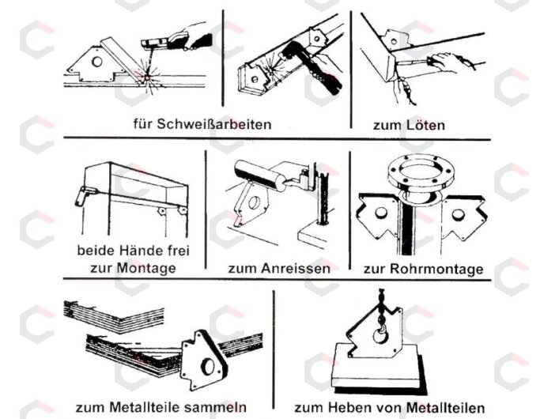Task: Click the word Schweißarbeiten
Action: (x=214, y=124)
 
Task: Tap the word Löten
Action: (x=425, y=125)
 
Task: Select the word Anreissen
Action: (x=296, y=268)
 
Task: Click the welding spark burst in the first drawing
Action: (x=146, y=77)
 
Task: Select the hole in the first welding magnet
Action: (x=96, y=62)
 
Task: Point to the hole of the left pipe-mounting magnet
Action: (x=380, y=213)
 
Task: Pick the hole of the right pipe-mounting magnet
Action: (x=457, y=215)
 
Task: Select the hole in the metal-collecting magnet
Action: (x=207, y=367)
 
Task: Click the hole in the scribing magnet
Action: (x=254, y=202)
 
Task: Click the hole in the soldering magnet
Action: (x=394, y=42)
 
